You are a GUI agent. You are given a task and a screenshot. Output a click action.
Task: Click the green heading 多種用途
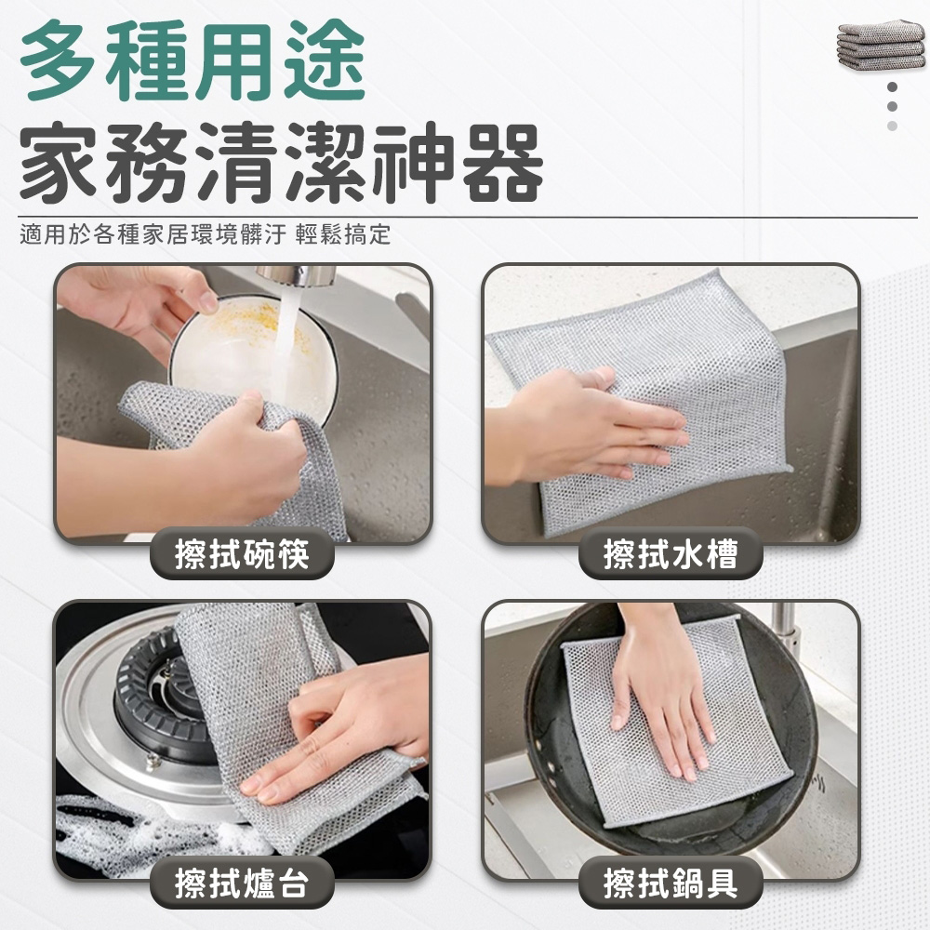point(193,61)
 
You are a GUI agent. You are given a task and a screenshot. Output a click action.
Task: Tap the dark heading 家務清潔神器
point(281,163)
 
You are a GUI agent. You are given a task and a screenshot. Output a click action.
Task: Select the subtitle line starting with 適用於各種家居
point(206,234)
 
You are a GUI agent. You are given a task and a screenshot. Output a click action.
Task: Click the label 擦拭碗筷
point(242,553)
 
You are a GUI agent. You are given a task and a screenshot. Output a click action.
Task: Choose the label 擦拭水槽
point(671,553)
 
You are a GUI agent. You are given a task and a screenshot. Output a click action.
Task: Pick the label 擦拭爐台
point(242,883)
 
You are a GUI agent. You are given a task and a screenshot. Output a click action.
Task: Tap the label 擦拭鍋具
point(671,883)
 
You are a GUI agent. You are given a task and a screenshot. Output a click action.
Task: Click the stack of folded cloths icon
point(882,45)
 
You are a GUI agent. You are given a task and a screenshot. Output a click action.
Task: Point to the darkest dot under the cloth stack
point(892,87)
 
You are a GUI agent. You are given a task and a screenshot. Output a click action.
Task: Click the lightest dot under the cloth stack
point(892,126)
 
